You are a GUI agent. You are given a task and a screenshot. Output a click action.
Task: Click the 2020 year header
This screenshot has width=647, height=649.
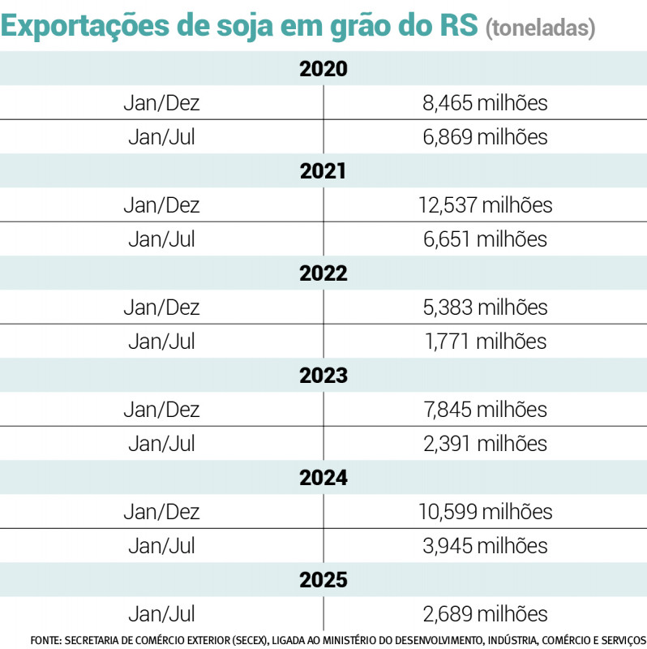coord(323,69)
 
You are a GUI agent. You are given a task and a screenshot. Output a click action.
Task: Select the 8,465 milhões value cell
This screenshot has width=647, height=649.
coord(485,103)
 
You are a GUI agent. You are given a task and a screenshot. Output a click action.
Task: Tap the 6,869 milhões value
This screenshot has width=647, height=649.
coord(485,137)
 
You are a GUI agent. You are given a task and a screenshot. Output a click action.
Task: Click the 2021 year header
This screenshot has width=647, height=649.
coord(323,171)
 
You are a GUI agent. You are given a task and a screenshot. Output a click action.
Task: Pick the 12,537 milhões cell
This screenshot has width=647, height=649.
coord(485,205)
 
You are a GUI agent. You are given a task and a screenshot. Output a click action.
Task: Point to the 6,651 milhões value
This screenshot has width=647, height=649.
coord(485,239)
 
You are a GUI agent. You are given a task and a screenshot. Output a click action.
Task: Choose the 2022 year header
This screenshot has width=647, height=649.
coord(323,273)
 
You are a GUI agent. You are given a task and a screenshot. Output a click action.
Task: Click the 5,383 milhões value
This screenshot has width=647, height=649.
coord(485,307)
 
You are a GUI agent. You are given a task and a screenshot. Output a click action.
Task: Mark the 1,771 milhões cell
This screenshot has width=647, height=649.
coord(485,342)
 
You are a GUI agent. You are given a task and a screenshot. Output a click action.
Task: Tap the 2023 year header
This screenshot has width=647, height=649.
coord(323,376)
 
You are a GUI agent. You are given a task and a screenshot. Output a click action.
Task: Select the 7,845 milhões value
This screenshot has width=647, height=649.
coord(485,410)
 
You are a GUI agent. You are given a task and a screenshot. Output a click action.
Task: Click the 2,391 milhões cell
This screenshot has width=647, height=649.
coord(485,444)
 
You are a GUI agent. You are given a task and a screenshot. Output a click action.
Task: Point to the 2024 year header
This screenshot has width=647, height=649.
coord(323,478)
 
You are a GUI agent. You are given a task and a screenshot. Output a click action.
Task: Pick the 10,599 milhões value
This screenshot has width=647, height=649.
coord(485,512)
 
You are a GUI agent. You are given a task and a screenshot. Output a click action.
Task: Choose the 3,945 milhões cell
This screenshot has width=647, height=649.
coord(485,546)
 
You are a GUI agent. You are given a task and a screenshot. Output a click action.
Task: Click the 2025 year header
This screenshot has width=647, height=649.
coord(323,580)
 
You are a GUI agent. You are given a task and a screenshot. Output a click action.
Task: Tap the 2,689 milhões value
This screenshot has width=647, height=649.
coord(485,614)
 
